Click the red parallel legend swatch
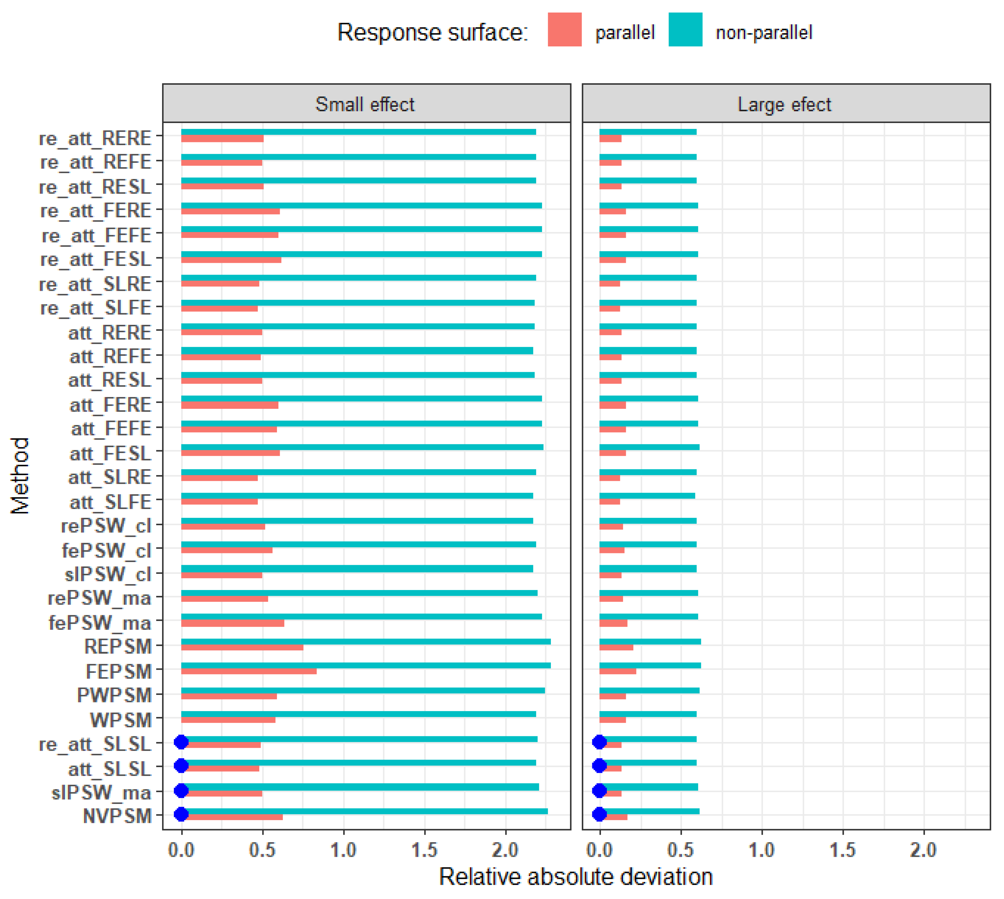pyautogui.click(x=565, y=30)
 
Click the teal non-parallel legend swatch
pyautogui.click(x=685, y=30)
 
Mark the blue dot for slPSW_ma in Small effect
pyautogui.click(x=181, y=790)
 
